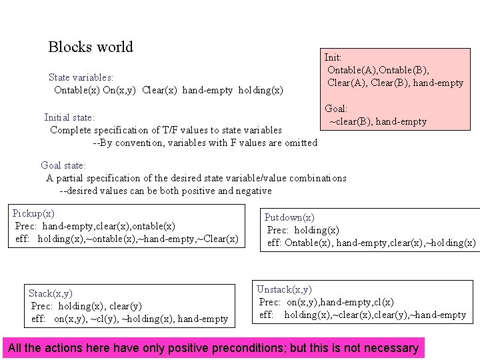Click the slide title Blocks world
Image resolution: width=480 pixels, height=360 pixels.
point(91,47)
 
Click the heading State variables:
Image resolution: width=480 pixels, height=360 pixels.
point(81,77)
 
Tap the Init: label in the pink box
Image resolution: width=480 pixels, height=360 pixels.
point(333,58)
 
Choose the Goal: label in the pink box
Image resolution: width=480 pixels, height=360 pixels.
point(336,108)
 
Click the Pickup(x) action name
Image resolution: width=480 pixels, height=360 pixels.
point(33,213)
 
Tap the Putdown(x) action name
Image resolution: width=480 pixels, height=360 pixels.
point(289,217)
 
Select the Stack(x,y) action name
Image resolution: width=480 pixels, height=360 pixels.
point(51,293)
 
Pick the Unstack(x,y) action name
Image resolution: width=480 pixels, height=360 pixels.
point(284,289)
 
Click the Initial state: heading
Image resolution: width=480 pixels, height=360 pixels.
point(69,117)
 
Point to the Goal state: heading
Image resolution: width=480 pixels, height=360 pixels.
point(63,165)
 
